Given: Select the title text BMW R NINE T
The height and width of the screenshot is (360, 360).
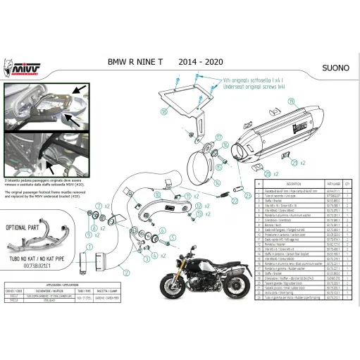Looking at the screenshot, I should pos(137,62).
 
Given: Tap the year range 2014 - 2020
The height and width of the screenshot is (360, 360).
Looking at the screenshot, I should pos(203,62).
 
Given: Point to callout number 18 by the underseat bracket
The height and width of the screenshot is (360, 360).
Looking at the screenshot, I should pos(163,111).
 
